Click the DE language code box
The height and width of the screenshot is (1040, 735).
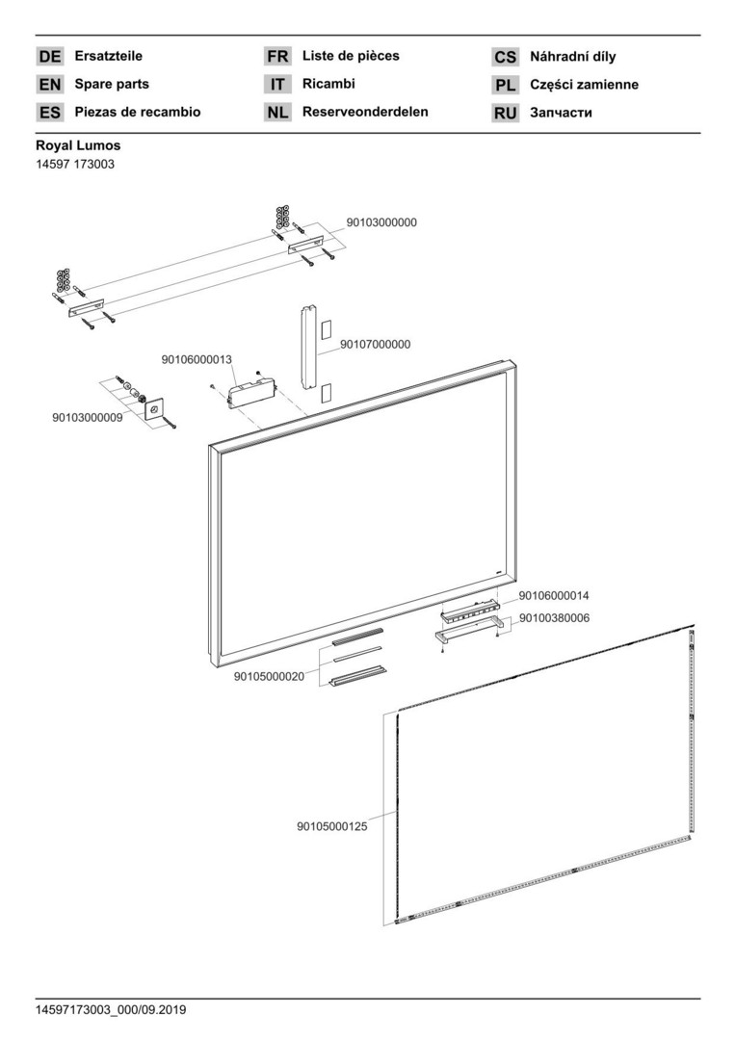tap(50, 57)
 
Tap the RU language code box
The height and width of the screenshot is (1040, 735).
tap(506, 113)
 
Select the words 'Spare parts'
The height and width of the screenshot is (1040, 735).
tap(112, 85)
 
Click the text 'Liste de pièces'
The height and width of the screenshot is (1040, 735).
tap(351, 56)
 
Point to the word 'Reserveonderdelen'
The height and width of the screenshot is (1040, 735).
tap(365, 112)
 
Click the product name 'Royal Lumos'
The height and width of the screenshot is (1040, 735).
tap(78, 146)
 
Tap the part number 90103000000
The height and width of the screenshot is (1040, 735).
tap(381, 221)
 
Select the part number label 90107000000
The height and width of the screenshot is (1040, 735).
tap(375, 344)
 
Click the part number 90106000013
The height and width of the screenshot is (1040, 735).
tap(197, 359)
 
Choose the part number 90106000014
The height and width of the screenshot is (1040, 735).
tap(554, 596)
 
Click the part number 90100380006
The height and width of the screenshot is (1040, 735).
tap(554, 617)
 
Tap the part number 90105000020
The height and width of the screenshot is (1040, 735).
tap(269, 676)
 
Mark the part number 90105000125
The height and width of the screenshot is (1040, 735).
tap(332, 825)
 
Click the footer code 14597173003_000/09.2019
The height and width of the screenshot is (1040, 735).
tap(112, 1010)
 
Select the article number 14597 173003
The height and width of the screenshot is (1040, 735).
tap(75, 165)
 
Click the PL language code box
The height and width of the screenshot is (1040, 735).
tap(506, 85)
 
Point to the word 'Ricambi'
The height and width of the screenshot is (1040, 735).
tap(328, 84)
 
